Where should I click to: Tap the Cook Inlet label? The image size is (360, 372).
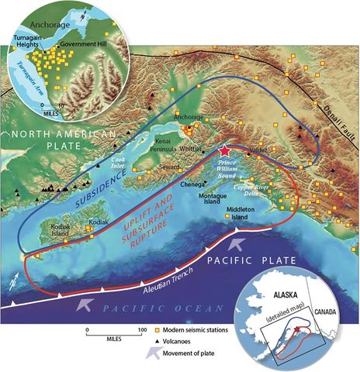(112, 161)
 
